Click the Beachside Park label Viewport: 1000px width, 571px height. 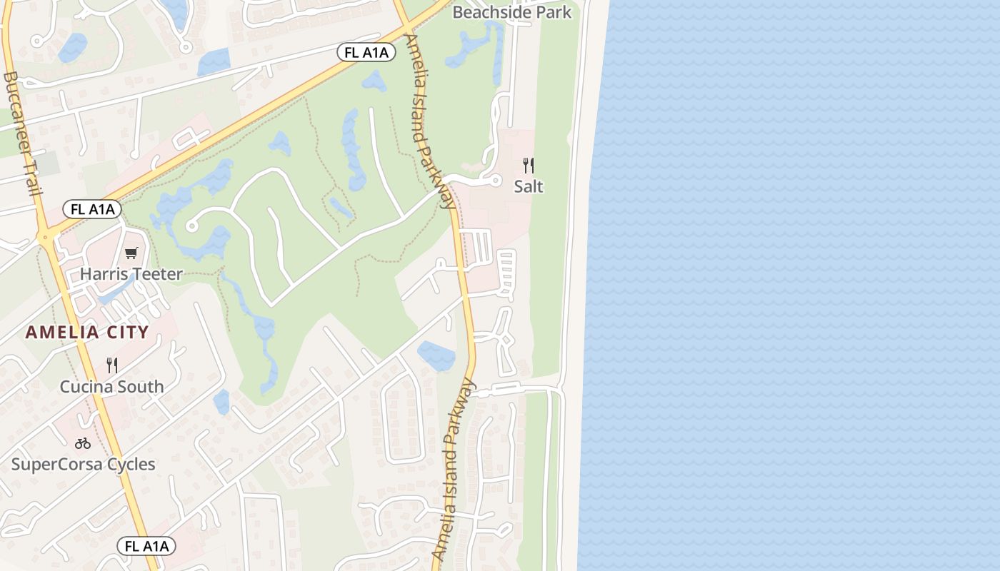512,12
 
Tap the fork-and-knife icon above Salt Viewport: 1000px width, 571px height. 529,166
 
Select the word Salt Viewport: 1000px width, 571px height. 529,187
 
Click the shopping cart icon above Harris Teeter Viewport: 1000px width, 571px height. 131,253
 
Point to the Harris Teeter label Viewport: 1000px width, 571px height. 131,274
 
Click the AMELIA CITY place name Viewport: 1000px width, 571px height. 87,332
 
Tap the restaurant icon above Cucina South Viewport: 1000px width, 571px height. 112,365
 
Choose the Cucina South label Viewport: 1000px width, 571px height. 111,387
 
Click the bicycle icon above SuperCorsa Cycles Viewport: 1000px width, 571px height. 83,443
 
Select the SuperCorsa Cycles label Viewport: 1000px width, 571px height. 83,465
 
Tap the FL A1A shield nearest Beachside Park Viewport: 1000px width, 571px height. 366,52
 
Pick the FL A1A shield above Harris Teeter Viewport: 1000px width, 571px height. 92,209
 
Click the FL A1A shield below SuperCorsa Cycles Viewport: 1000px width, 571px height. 146,546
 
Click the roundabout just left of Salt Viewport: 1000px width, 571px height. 496,181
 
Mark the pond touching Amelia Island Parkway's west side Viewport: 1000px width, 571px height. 436,355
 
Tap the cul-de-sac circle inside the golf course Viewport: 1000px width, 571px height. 191,226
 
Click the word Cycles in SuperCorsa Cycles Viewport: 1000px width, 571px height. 130,465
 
